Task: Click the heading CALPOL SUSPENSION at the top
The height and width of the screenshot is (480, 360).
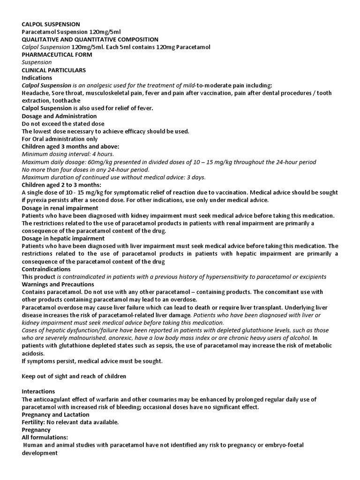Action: click(51, 24)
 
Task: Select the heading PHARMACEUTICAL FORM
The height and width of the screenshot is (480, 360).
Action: click(57, 54)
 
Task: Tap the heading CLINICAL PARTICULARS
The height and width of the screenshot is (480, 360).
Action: click(53, 70)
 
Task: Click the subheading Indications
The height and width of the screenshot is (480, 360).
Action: click(37, 77)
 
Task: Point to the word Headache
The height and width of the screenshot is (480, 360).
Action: click(36, 93)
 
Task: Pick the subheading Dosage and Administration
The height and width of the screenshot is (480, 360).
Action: click(59, 116)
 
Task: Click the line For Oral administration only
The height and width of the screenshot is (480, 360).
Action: click(60, 139)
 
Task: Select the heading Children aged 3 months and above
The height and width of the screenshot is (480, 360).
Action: click(70, 147)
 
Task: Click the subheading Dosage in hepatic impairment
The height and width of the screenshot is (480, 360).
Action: click(63, 239)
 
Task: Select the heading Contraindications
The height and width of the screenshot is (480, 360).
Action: click(46, 269)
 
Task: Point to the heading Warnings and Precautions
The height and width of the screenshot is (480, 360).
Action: click(58, 284)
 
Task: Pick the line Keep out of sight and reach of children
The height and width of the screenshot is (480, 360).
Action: click(74, 376)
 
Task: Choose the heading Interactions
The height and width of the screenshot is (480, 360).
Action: click(38, 391)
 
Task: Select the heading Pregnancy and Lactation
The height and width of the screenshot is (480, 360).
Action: click(55, 415)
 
